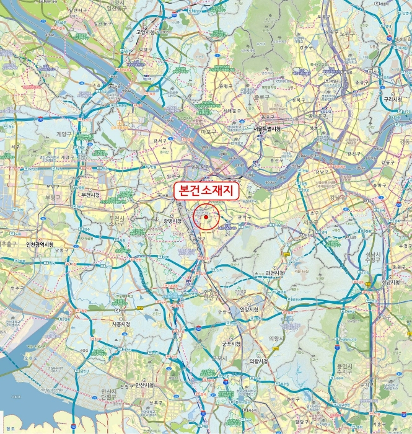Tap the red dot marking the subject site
(x=206, y=217)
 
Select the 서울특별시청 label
(x=268, y=129)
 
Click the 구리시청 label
(x=393, y=99)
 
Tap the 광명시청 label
(x=172, y=221)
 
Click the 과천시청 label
(x=274, y=273)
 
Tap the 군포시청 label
(x=231, y=343)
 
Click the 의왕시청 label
(x=258, y=361)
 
